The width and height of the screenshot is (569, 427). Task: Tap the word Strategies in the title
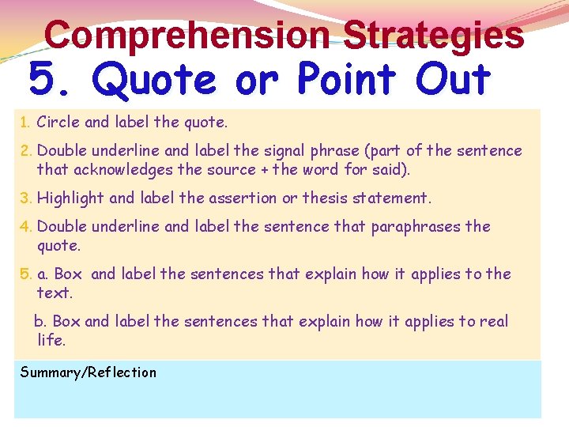click(434, 35)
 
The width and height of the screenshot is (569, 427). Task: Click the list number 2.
click(25, 150)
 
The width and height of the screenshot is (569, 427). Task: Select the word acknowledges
click(124, 169)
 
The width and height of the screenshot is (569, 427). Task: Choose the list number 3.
click(25, 198)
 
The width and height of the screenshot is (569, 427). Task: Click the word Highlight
click(70, 198)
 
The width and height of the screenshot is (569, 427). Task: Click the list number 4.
click(25, 226)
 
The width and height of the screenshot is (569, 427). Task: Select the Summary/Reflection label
click(89, 372)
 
